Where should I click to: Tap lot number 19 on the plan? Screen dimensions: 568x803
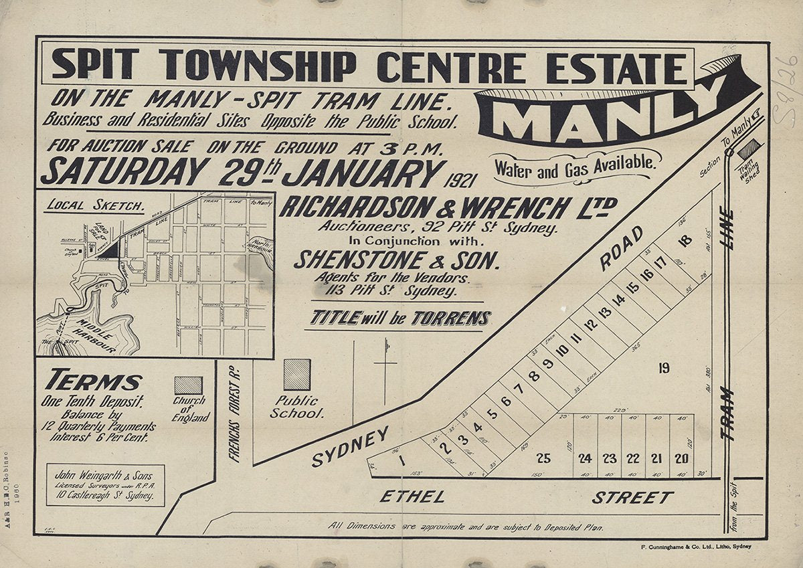click(x=663, y=367)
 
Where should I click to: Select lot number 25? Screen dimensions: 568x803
click(x=543, y=458)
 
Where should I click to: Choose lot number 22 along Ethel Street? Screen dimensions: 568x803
click(x=633, y=458)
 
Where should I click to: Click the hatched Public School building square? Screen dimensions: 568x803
click(x=296, y=375)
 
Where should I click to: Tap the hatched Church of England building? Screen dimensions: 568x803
click(x=188, y=385)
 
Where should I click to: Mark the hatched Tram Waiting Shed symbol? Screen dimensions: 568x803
click(x=749, y=148)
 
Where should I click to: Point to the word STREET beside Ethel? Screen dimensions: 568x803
click(x=632, y=498)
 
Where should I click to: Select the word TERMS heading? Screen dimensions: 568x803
click(x=94, y=381)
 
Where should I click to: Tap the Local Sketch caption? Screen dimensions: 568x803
click(x=94, y=205)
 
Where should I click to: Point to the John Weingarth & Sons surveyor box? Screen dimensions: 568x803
click(x=106, y=486)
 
